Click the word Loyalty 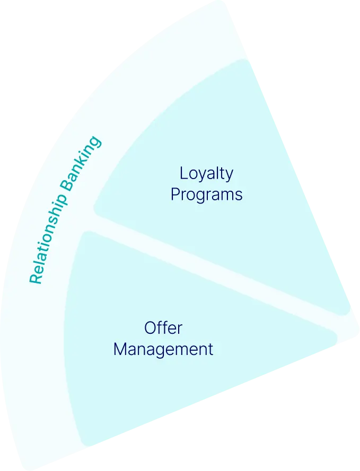coord(206,173)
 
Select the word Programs coord(206,194)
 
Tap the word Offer coord(163,328)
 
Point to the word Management coord(163,350)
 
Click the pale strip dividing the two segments coord(223,270)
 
